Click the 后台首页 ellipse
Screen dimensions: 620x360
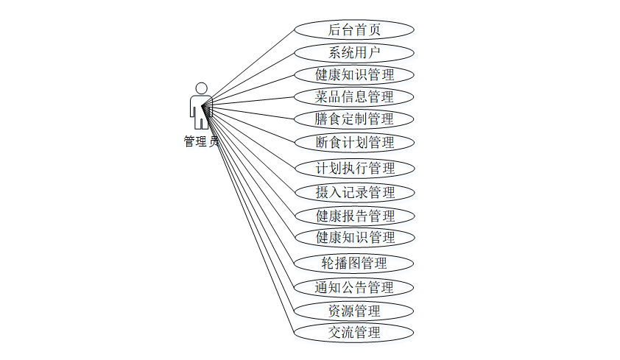[354, 29]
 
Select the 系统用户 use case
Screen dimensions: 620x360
[354, 52]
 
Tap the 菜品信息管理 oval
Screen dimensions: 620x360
[354, 96]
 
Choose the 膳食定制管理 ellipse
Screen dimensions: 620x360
[354, 119]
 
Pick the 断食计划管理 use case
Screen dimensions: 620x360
[354, 142]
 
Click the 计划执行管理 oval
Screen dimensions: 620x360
[354, 168]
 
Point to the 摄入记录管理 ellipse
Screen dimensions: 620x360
[354, 192]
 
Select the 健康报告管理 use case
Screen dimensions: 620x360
[354, 216]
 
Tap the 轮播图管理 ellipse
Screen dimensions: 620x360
[354, 263]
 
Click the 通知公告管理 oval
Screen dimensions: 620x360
[354, 287]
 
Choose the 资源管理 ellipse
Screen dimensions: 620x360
[354, 310]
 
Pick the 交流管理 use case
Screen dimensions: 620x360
[354, 332]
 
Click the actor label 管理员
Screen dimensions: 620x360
[200, 141]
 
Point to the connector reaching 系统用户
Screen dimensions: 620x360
[250, 77]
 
